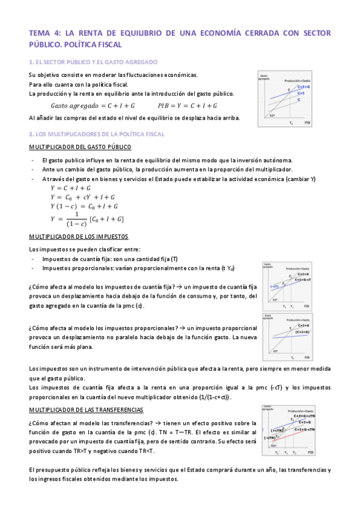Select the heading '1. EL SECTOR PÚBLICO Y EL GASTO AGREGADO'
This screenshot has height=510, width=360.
(x=93, y=62)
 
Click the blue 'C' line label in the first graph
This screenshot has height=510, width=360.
(x=299, y=99)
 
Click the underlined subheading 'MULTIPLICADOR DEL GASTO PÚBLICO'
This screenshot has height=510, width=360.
(x=76, y=147)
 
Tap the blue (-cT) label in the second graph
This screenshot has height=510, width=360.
(x=274, y=286)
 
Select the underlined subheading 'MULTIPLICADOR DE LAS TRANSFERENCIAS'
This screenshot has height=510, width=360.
(x=87, y=410)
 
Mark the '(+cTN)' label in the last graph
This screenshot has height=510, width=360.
(x=277, y=431)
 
